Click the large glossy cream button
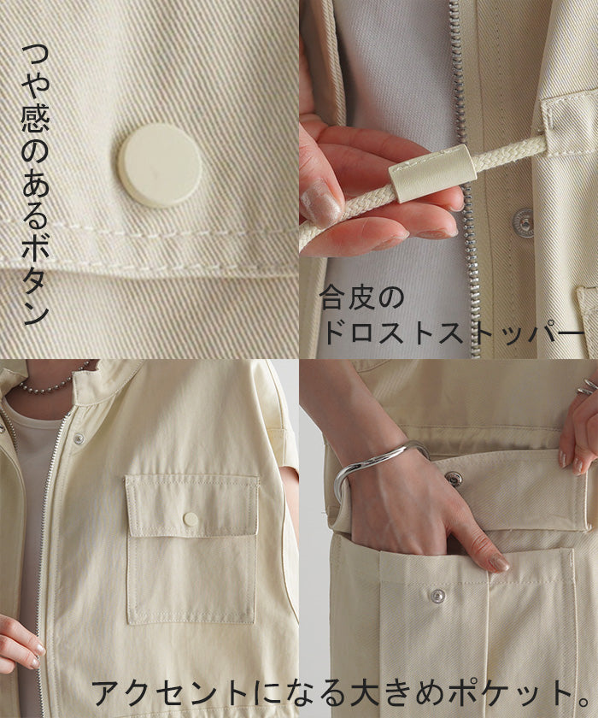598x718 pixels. coord(161,166)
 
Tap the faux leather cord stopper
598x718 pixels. coord(432,174)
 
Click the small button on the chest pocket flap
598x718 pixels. coord(191,520)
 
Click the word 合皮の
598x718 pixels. coord(361,298)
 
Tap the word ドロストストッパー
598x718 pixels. coord(453,333)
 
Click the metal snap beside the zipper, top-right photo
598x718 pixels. coord(523,221)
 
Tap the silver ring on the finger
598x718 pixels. coord(587,387)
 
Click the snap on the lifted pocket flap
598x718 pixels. coord(454,479)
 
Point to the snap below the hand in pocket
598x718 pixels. coord(438,596)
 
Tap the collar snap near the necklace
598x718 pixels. coord(79,438)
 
